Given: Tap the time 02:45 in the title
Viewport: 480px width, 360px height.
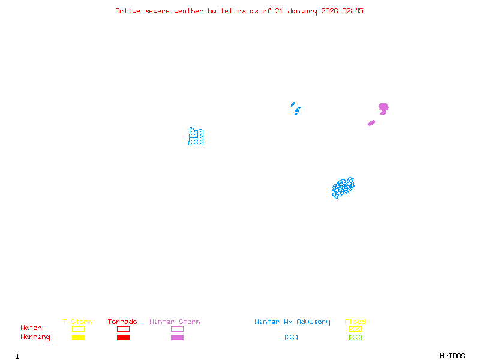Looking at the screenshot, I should pyautogui.click(x=352, y=11).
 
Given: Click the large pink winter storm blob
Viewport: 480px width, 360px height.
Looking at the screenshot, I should pyautogui.click(x=383, y=108).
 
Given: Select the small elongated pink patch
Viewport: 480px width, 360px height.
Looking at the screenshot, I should pyautogui.click(x=371, y=123).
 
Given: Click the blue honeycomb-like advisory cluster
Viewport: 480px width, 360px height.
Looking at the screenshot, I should pyautogui.click(x=343, y=188).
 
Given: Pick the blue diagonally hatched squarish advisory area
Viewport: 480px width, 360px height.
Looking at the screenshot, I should pyautogui.click(x=196, y=137).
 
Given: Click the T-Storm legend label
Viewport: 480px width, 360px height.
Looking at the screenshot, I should pyautogui.click(x=77, y=322).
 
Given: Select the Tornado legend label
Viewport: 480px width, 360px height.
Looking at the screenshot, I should pyautogui.click(x=122, y=322).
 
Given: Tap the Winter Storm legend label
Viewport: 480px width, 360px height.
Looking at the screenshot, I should pyautogui.click(x=175, y=322).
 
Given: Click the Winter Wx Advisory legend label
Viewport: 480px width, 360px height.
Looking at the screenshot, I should pyautogui.click(x=292, y=322).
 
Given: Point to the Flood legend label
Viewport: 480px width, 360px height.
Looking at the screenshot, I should pyautogui.click(x=355, y=322).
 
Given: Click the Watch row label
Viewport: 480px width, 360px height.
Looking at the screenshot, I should pyautogui.click(x=31, y=328).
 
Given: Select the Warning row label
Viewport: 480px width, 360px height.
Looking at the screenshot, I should pyautogui.click(x=35, y=337).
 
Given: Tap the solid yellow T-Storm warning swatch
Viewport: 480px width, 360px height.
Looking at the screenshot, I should pyautogui.click(x=78, y=338).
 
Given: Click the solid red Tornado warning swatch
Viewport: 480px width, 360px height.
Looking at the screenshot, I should pyautogui.click(x=123, y=338).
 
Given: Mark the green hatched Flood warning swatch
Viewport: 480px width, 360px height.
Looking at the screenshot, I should pyautogui.click(x=355, y=338).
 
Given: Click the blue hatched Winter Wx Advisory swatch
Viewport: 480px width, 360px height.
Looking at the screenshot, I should pyautogui.click(x=291, y=338).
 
